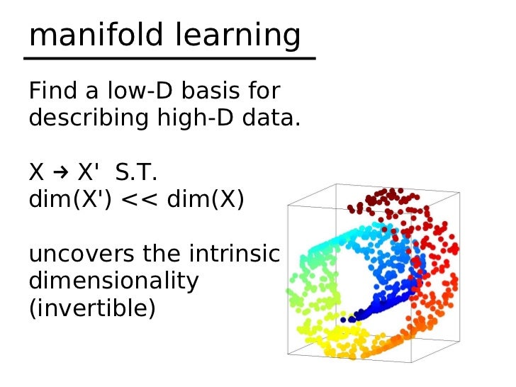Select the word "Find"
click(x=50, y=92)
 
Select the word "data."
click(x=269, y=118)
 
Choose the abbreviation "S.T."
click(x=135, y=173)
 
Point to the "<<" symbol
click(x=140, y=200)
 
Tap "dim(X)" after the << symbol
click(x=206, y=200)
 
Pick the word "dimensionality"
click(x=113, y=281)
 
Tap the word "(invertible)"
click(x=91, y=308)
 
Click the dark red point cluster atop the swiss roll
click(x=386, y=202)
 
